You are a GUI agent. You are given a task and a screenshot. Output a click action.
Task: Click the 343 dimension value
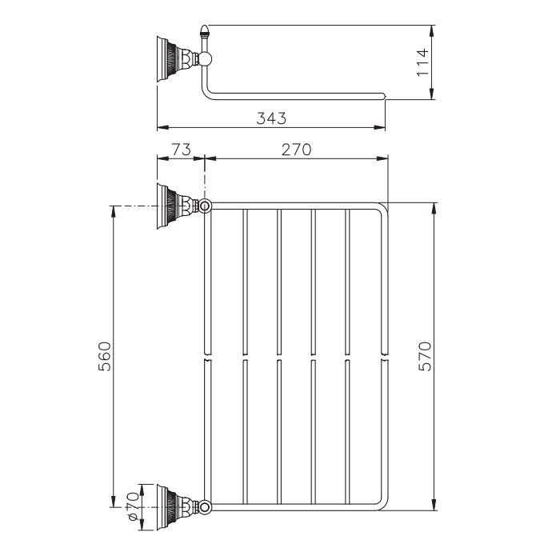[x=271, y=118]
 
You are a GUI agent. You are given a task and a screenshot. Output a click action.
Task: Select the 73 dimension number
[x=180, y=150]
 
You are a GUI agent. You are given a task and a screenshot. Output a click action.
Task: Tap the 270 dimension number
[x=294, y=150]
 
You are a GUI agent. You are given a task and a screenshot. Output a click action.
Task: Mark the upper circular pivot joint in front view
[x=206, y=206]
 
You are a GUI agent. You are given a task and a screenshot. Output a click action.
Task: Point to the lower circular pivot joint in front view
[x=206, y=506]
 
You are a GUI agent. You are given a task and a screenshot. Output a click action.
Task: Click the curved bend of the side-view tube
[x=207, y=91]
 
